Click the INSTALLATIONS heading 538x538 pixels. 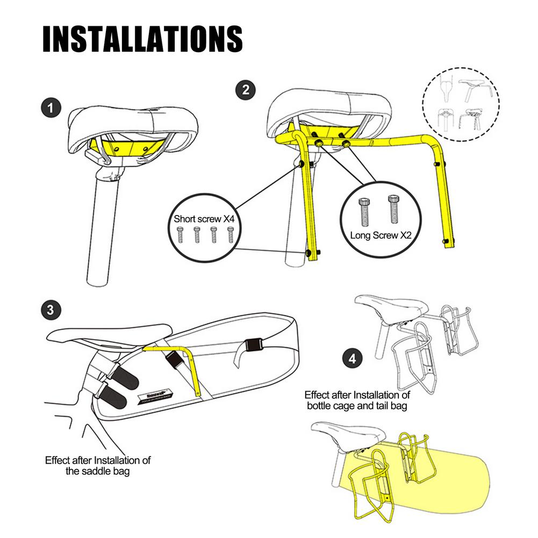click(x=142, y=38)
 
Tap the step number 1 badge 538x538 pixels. click(x=51, y=108)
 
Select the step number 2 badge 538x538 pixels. click(x=246, y=90)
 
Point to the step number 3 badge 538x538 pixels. click(x=51, y=310)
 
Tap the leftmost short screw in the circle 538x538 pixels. click(x=180, y=235)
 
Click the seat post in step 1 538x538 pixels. click(x=101, y=231)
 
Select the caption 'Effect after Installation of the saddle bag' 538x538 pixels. click(x=98, y=465)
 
